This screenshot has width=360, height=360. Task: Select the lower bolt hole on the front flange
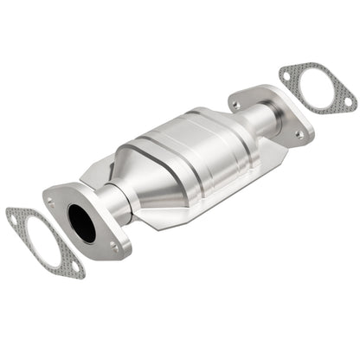tap(112, 247)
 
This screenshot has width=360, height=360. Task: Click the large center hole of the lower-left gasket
tap(44, 241)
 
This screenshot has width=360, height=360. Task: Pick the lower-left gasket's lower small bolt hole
tap(75, 267)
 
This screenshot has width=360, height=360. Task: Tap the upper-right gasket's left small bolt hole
tap(288, 77)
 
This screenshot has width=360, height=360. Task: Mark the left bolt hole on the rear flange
tap(235, 105)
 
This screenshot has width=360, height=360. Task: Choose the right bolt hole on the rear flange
tap(299, 134)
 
